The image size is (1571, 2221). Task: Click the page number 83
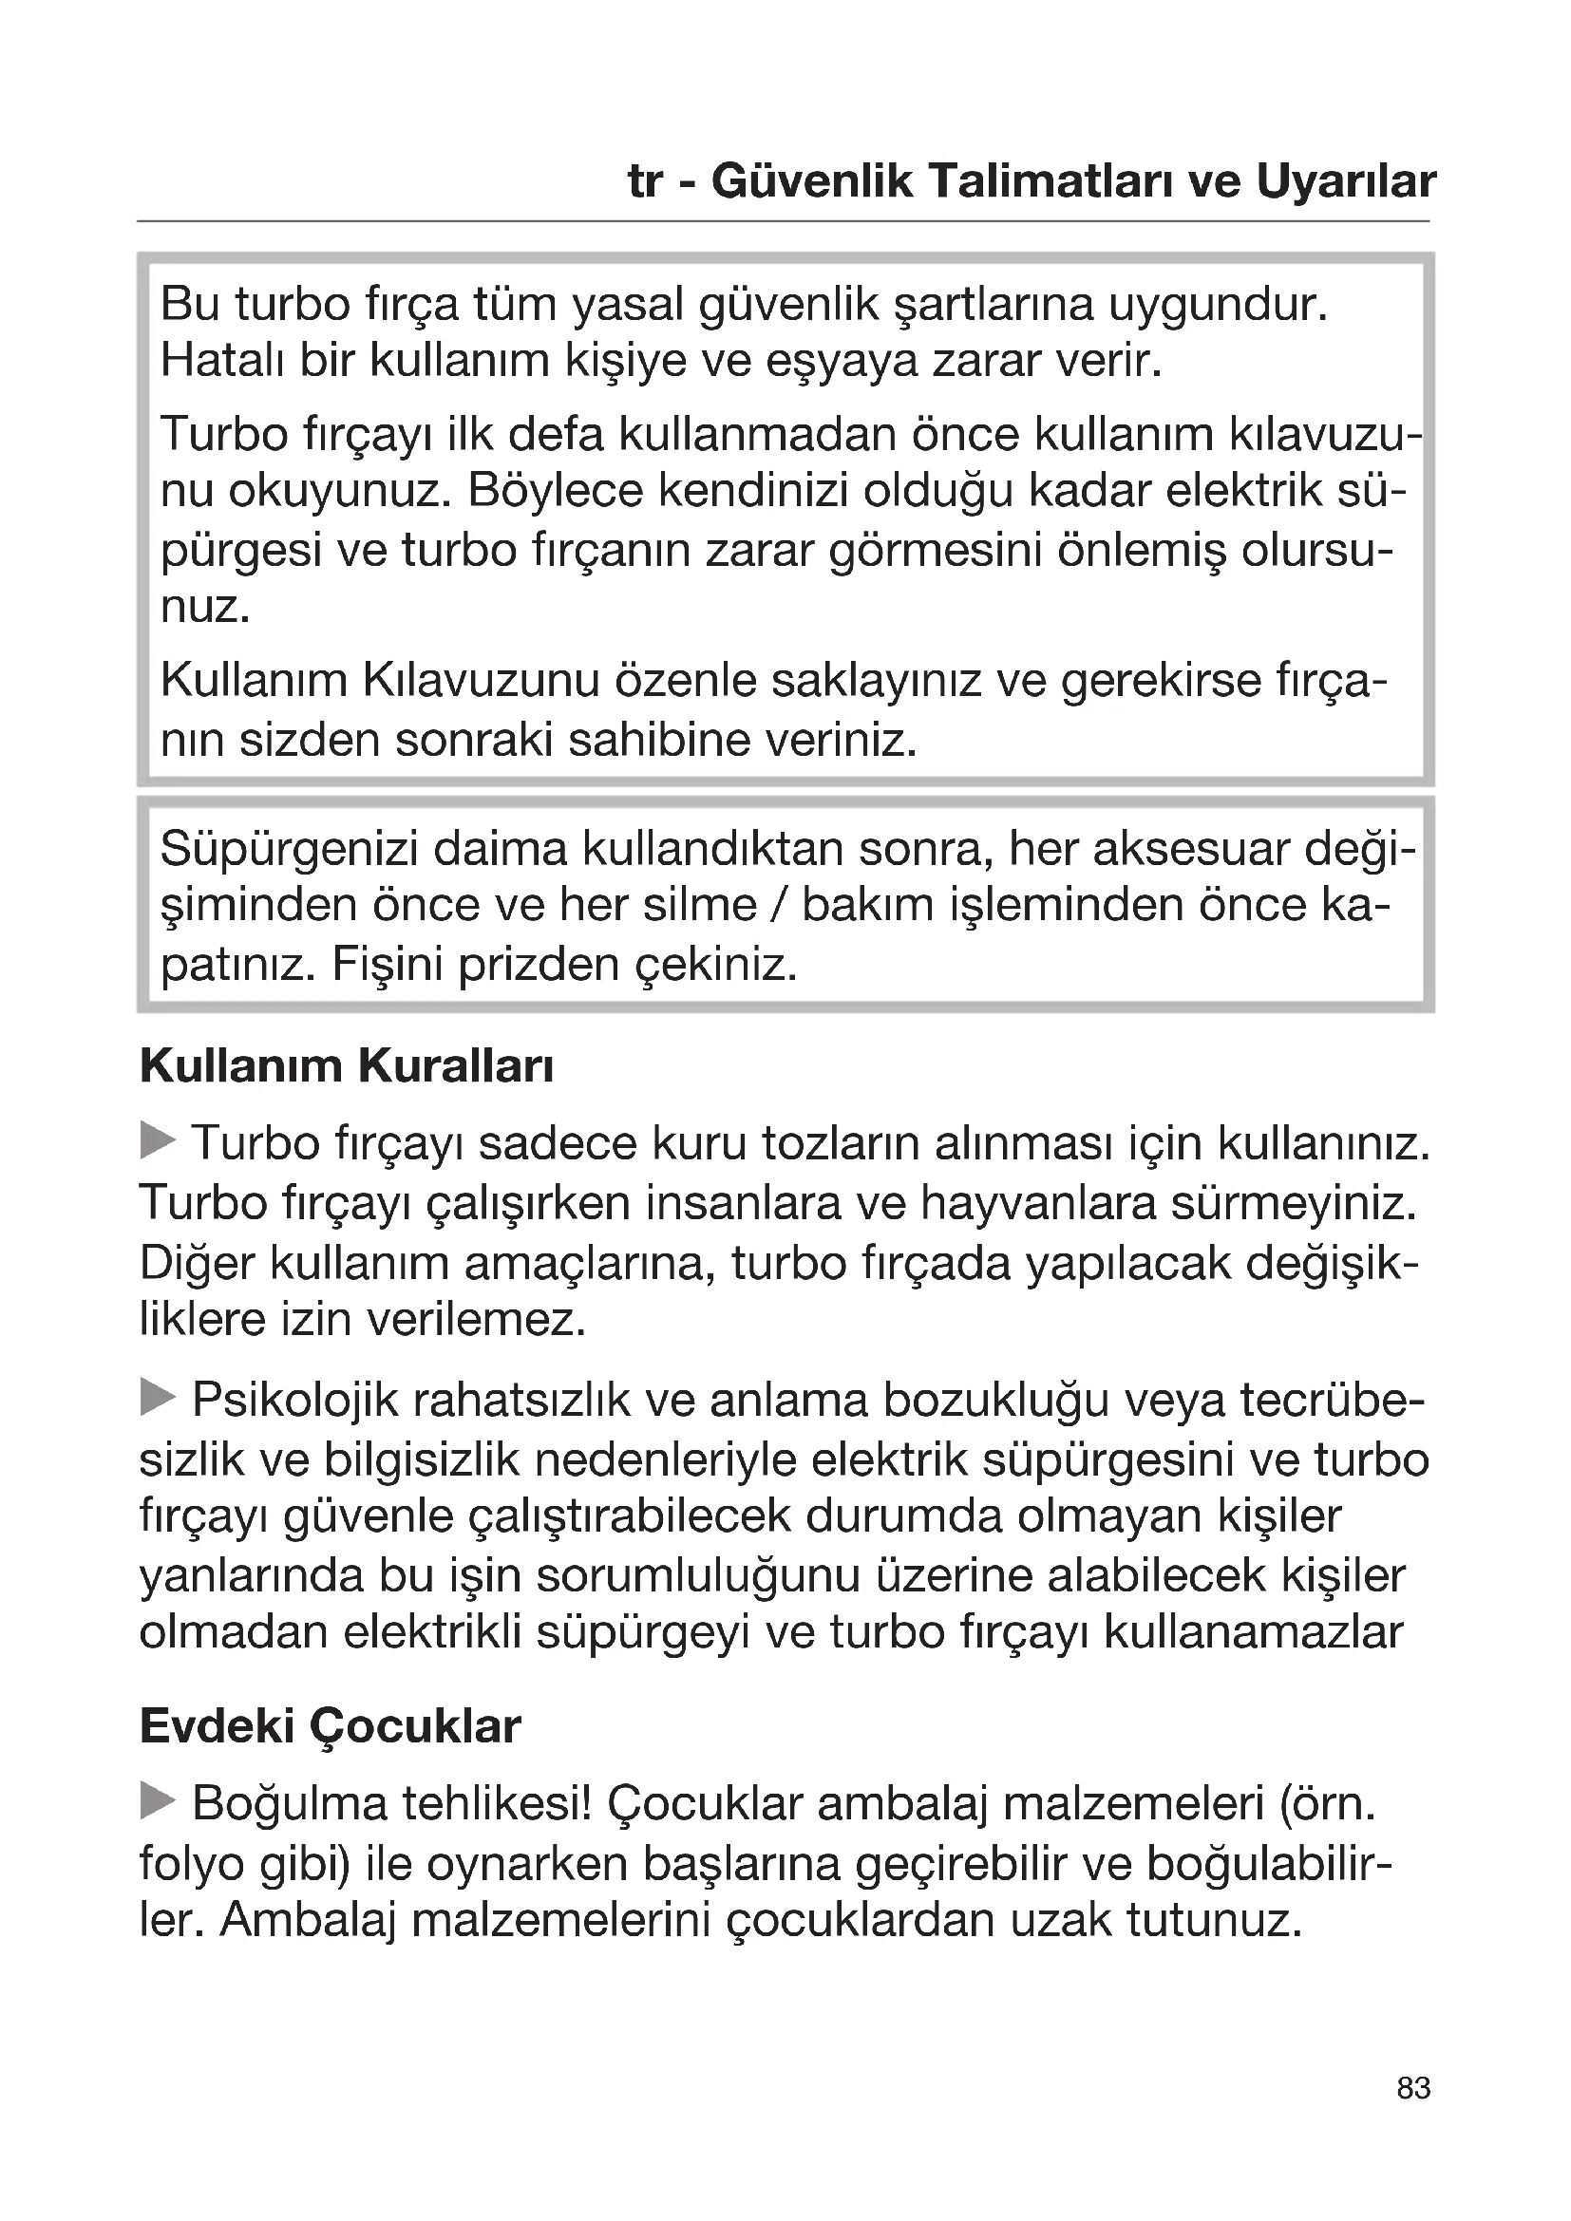click(x=1413, y=2115)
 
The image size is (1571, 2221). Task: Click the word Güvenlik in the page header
click(x=811, y=181)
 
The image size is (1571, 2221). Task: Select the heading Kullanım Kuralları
click(x=347, y=1066)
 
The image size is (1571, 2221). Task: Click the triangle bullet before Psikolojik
click(x=158, y=1398)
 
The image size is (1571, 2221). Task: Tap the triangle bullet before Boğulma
click(x=158, y=1801)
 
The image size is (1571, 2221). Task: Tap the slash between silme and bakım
click(x=780, y=907)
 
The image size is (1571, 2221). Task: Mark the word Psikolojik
click(x=295, y=1401)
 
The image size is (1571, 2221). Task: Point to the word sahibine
click(x=659, y=740)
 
